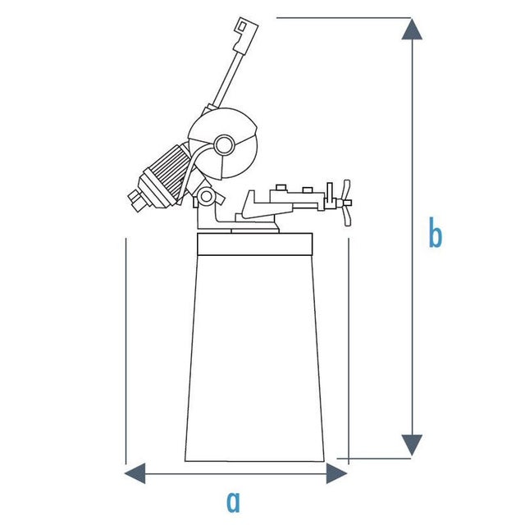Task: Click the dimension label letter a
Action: point(233,502)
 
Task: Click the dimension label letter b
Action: point(436,232)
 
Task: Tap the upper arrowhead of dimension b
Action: point(412,30)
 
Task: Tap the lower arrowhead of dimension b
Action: point(412,445)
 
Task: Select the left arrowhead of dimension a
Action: point(135,473)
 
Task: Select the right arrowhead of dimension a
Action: point(337,473)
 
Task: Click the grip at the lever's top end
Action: point(245,34)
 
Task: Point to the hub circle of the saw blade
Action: point(224,145)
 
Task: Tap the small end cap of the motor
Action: point(135,199)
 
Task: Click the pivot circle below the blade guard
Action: point(206,197)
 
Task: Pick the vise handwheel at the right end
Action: point(346,203)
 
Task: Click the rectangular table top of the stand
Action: point(255,244)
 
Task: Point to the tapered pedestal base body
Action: point(255,358)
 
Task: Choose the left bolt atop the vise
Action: point(281,188)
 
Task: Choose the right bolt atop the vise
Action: point(308,190)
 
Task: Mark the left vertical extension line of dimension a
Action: point(126,351)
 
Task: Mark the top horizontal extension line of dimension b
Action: point(344,18)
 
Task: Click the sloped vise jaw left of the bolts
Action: point(254,205)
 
